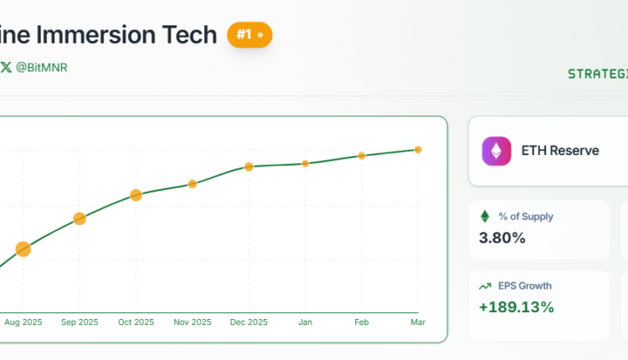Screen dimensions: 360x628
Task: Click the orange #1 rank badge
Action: (250, 35)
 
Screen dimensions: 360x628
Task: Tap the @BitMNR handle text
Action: (41, 67)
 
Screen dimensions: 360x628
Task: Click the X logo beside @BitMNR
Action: (6, 67)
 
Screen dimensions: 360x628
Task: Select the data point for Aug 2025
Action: (23, 249)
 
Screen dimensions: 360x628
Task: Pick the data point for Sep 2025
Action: (80, 219)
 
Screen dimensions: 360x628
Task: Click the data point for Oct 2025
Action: (136, 195)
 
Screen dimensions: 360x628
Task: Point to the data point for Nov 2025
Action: (192, 183)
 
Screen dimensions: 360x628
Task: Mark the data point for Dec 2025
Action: (249, 167)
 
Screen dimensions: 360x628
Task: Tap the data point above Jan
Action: (306, 163)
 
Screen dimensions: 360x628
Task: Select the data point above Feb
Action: (362, 156)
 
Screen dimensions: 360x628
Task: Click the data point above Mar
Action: (418, 150)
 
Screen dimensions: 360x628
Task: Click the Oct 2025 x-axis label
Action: (136, 322)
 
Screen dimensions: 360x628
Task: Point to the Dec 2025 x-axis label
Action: (249, 322)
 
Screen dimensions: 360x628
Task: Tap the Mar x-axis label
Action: (418, 322)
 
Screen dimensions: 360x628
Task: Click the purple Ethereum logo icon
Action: (497, 151)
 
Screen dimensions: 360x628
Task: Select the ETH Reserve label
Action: (560, 151)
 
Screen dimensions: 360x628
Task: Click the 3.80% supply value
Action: (502, 238)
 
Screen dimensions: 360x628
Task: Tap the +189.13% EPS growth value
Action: (516, 307)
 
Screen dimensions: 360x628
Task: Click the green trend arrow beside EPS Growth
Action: (485, 286)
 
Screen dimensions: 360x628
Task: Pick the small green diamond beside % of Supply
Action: (485, 216)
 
